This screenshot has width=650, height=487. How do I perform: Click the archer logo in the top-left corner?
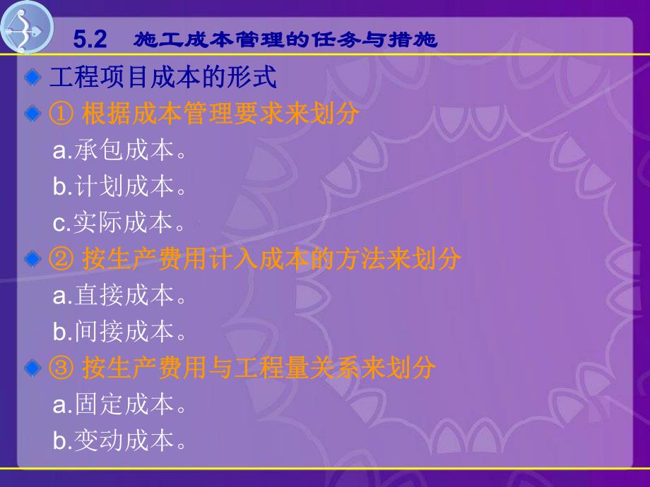click(27, 27)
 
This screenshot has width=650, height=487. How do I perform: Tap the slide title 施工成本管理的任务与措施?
click(285, 40)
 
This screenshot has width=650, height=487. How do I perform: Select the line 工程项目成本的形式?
click(162, 77)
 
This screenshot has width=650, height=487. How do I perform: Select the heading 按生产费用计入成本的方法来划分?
click(271, 259)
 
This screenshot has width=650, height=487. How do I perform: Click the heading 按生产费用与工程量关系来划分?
click(259, 368)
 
